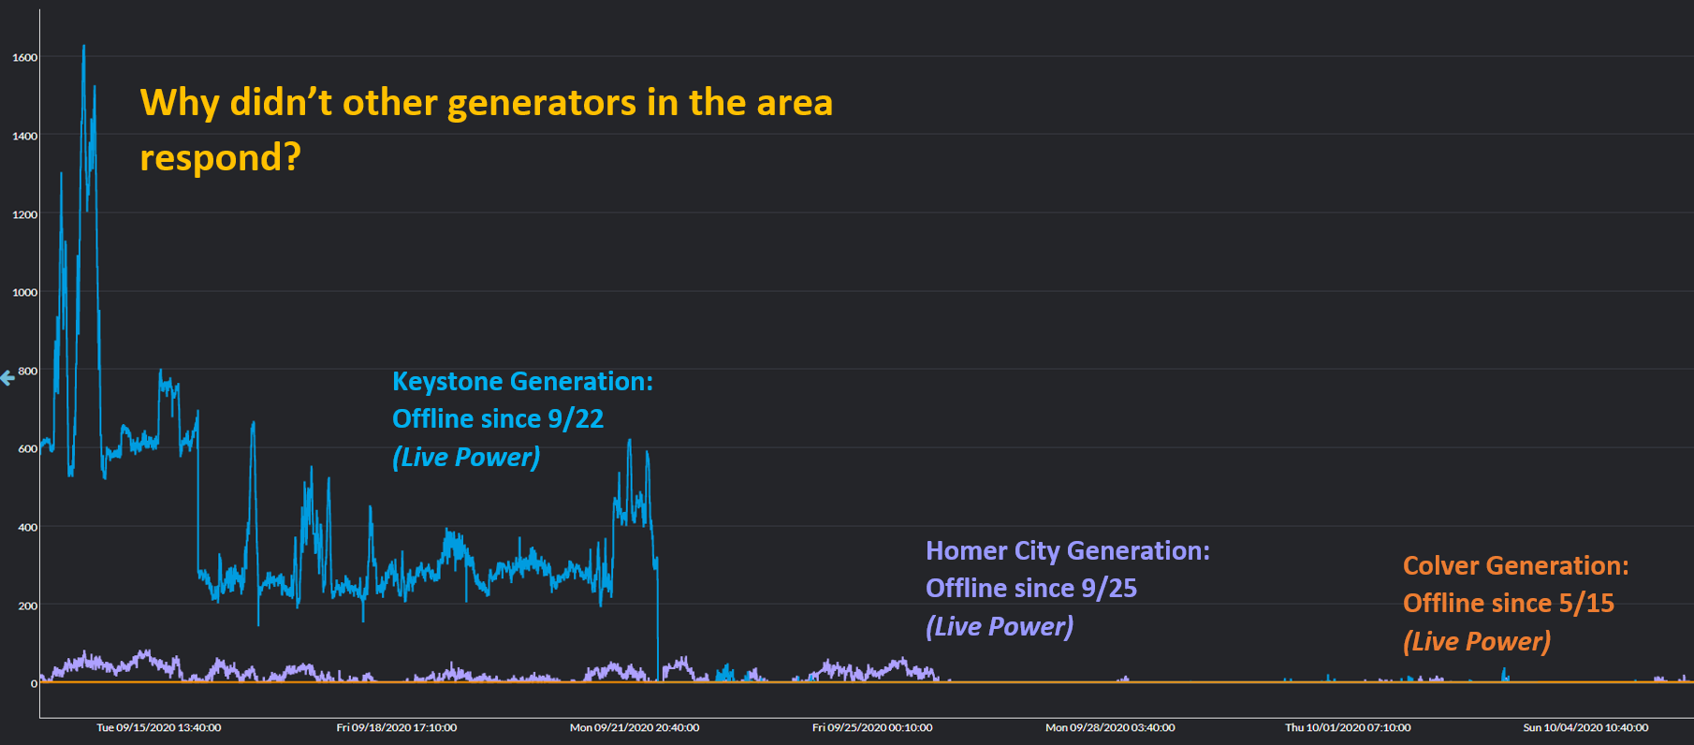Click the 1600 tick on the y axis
tap(25, 57)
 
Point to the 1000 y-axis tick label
tap(25, 292)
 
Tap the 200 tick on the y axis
tap(28, 606)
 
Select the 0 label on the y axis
tap(34, 683)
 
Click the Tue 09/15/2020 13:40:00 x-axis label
tap(159, 727)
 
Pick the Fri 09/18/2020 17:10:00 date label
tap(397, 727)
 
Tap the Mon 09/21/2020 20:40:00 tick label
tap(635, 727)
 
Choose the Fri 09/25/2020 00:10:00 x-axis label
tap(872, 727)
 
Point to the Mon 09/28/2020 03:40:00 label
tap(1110, 727)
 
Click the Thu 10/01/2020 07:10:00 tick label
tap(1348, 727)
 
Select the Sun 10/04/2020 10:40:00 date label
tap(1585, 727)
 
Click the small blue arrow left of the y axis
tap(7, 378)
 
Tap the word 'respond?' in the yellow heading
tap(220, 157)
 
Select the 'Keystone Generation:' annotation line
tap(522, 382)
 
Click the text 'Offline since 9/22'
tap(498, 419)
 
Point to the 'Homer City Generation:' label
tap(1067, 551)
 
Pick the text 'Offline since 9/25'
tap(1030, 589)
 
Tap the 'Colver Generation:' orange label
tap(1515, 566)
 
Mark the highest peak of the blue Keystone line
tap(84, 46)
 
